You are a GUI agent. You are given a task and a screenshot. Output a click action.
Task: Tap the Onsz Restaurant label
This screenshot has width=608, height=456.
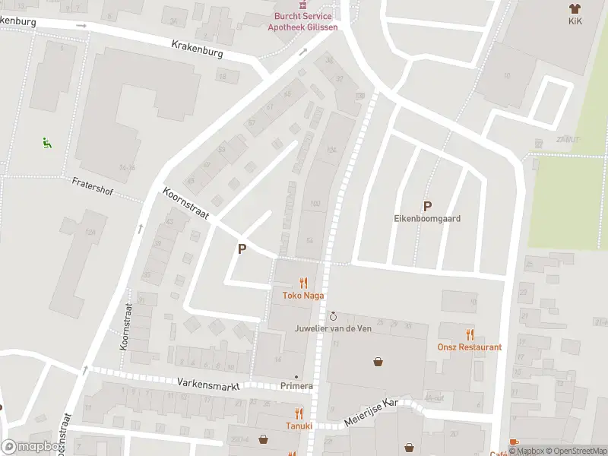click(470, 347)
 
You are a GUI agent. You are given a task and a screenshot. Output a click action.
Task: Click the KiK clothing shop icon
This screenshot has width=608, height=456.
click(575, 8)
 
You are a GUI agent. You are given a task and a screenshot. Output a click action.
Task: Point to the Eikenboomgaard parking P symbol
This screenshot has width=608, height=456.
click(427, 206)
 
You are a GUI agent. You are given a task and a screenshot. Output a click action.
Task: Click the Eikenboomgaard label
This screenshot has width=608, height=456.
click(427, 218)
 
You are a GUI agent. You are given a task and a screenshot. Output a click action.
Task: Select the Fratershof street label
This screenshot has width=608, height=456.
click(92, 186)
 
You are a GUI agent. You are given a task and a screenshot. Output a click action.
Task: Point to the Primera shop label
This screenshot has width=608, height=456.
click(296, 386)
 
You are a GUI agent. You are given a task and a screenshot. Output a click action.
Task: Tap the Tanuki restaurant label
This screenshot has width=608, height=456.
click(299, 426)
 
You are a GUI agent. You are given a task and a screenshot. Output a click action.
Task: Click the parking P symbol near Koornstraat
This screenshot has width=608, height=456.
click(242, 249)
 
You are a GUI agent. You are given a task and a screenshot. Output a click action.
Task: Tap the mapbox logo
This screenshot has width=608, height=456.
click(30, 447)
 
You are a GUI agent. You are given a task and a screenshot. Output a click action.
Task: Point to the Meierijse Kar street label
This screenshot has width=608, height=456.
click(370, 413)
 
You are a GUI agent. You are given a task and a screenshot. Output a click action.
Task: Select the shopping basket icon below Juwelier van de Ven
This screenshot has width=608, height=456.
click(378, 362)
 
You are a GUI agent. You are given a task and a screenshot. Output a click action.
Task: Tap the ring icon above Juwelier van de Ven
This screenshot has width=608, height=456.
click(333, 315)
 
